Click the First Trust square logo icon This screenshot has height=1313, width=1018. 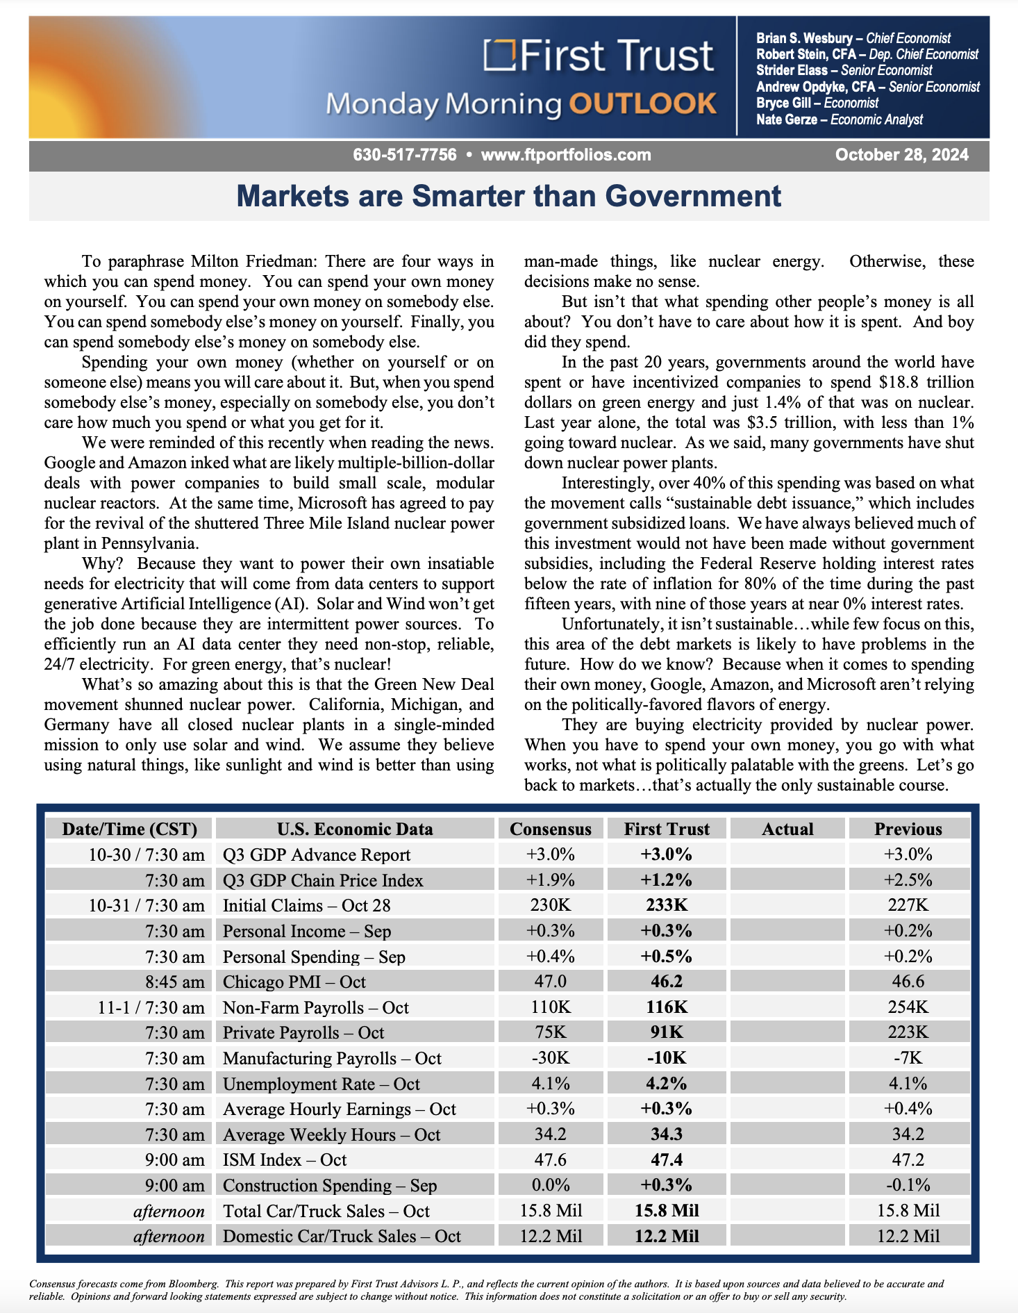[500, 55]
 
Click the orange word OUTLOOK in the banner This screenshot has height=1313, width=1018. [642, 104]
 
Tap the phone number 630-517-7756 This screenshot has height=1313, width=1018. [405, 155]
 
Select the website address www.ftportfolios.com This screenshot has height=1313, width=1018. [566, 155]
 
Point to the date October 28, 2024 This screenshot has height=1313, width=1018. [901, 155]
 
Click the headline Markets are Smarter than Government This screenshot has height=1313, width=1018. [509, 196]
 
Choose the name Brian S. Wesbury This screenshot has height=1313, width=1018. [804, 38]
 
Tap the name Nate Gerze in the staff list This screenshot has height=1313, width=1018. [787, 119]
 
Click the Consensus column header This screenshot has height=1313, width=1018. [551, 829]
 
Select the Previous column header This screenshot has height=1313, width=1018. [908, 829]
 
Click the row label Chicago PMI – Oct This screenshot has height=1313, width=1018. [294, 982]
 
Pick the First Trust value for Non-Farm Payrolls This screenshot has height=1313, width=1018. [667, 1007]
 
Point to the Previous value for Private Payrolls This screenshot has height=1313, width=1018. [908, 1032]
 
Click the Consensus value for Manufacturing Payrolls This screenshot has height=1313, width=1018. [551, 1058]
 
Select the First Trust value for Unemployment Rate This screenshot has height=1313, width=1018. [667, 1084]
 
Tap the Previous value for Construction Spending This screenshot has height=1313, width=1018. [908, 1185]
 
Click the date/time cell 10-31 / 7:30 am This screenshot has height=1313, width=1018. [147, 905]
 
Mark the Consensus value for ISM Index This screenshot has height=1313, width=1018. [551, 1160]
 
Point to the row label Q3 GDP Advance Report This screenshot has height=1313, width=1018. [317, 854]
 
